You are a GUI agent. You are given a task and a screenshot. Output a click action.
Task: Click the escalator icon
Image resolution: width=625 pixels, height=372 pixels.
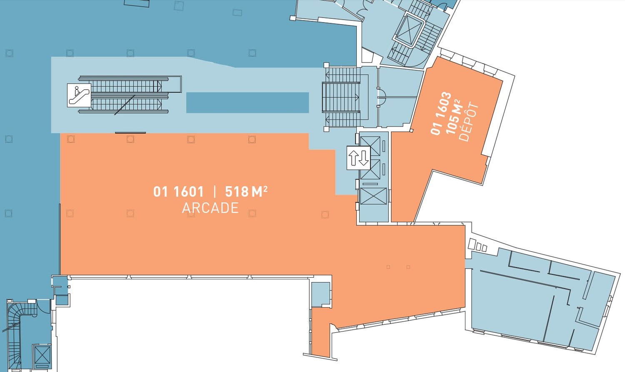[79, 95]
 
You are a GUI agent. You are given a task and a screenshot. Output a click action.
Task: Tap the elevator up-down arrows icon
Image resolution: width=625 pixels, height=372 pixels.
[358, 158]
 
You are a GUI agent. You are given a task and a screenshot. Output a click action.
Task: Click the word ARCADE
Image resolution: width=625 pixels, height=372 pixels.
[210, 208]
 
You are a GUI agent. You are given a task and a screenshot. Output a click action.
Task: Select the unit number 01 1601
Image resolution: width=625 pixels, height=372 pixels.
[179, 192]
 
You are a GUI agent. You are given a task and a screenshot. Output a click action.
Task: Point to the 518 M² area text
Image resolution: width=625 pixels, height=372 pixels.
[246, 192]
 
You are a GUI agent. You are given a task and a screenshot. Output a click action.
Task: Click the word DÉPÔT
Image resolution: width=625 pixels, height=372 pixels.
[469, 122]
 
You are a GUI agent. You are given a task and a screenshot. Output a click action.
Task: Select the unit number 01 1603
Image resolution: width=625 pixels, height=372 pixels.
[441, 114]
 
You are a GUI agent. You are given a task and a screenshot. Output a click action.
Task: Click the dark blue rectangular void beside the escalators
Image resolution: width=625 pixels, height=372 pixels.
[247, 103]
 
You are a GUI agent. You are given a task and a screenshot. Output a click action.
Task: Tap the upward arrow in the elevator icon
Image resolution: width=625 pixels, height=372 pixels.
[353, 158]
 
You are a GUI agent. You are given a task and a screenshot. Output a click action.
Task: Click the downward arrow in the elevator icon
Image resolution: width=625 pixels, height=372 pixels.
[364, 158]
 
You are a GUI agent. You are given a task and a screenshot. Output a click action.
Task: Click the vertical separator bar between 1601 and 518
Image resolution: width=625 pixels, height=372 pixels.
[215, 192]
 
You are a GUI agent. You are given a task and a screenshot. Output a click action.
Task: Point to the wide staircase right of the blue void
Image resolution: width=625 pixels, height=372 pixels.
[341, 97]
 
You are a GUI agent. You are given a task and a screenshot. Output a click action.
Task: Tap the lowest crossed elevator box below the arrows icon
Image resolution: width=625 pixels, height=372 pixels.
[373, 196]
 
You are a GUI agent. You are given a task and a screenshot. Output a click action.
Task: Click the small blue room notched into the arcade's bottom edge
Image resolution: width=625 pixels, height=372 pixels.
[320, 295]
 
